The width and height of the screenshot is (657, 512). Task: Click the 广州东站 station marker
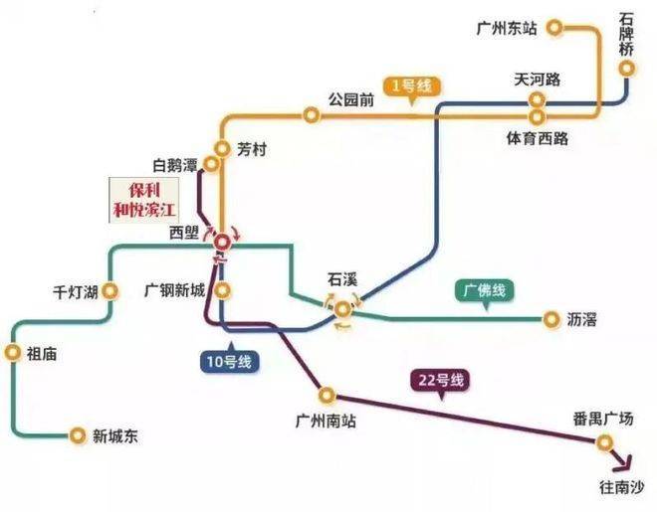click(x=554, y=28)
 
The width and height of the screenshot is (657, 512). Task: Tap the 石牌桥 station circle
click(x=627, y=69)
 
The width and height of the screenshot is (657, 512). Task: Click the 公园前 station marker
click(x=312, y=114)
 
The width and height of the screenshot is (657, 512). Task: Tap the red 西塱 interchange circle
click(x=222, y=243)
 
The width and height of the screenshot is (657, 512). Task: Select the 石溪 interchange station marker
click(x=342, y=309)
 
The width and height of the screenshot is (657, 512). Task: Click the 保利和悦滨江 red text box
click(x=144, y=200)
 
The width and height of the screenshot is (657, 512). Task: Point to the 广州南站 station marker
click(x=327, y=395)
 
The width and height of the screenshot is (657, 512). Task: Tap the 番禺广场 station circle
click(x=604, y=442)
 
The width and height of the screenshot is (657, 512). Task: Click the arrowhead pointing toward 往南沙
click(x=625, y=462)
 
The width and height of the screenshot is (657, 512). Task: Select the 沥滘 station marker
click(x=551, y=319)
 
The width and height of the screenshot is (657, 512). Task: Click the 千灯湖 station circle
click(x=110, y=290)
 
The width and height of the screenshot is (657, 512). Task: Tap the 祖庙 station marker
click(x=13, y=353)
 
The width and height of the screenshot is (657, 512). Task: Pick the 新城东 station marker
click(x=78, y=435)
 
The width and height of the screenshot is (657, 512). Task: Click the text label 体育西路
click(x=538, y=138)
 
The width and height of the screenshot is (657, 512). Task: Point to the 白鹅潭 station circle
click(x=211, y=164)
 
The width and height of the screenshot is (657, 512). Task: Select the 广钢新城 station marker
click(x=223, y=290)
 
